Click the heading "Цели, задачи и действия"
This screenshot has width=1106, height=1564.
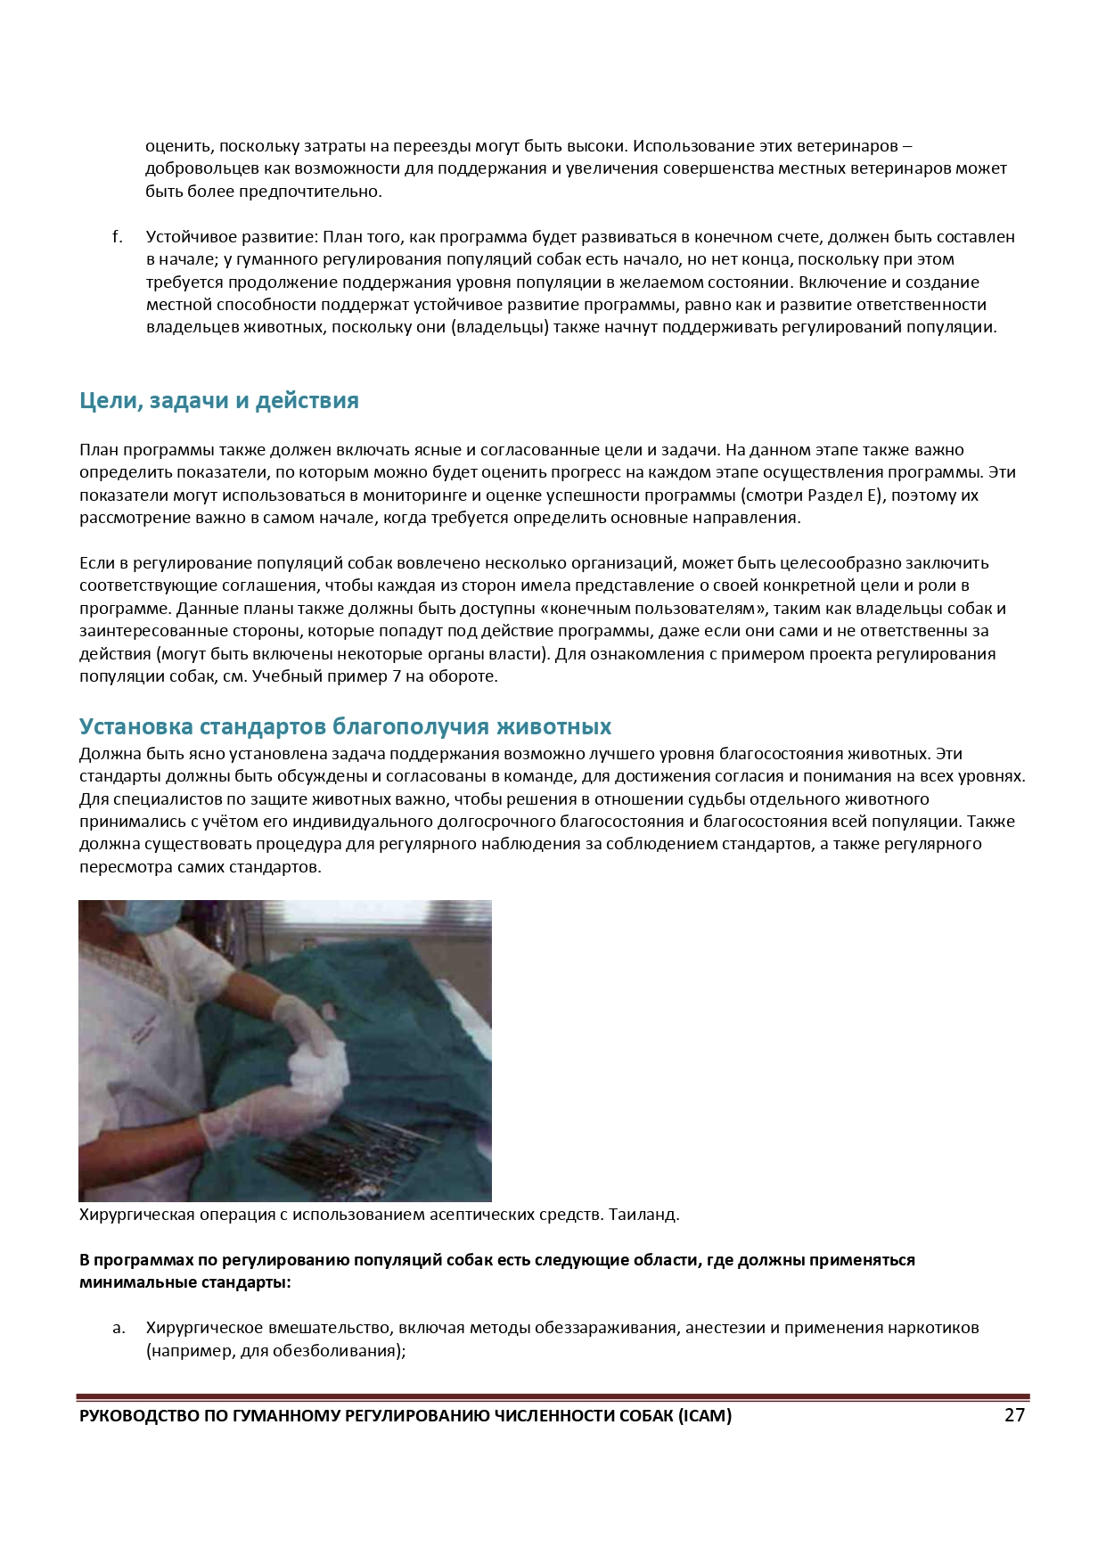218,401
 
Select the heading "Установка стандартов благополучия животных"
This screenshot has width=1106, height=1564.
345,726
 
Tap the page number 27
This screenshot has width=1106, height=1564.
1014,1415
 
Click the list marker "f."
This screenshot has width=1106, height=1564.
117,237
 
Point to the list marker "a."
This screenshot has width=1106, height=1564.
119,1328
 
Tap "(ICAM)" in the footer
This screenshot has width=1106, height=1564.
704,1416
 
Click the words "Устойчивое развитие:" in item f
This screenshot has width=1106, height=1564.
232,237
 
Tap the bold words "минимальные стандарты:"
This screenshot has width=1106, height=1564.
184,1283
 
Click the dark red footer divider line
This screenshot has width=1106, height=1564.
553,1397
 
